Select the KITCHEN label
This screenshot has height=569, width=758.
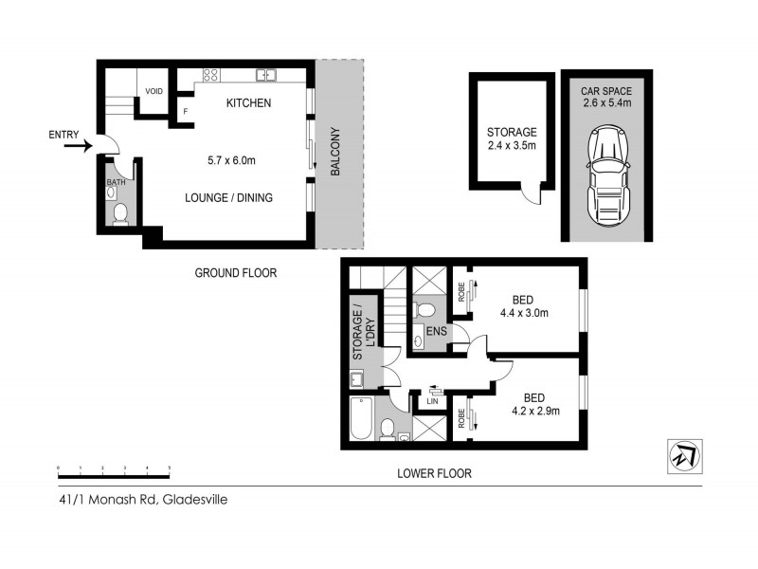click(x=248, y=102)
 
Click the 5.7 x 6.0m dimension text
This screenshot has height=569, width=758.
click(x=232, y=160)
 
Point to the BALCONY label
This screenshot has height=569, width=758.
click(x=335, y=152)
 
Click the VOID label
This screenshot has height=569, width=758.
click(x=153, y=91)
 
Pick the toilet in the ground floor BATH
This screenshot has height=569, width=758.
click(x=118, y=216)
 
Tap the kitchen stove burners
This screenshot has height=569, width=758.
click(x=210, y=74)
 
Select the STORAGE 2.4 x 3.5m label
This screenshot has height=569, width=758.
click(x=512, y=138)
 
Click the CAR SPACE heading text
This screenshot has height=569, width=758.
click(x=605, y=90)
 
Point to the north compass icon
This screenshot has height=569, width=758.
click(x=682, y=455)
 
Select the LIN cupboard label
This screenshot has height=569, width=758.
click(x=432, y=402)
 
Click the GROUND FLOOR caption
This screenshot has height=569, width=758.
click(x=235, y=273)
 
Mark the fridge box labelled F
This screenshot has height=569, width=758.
click(x=185, y=112)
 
